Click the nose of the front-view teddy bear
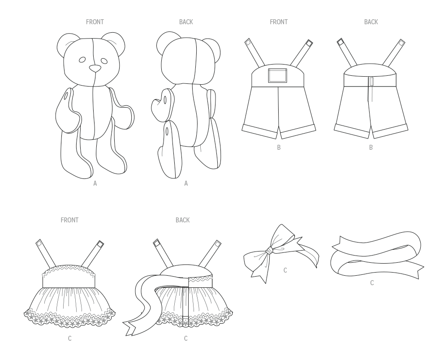point(95,69)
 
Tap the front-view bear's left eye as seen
point(82,60)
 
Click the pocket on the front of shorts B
point(276,75)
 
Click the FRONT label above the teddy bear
point(95,22)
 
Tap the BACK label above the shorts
point(370,22)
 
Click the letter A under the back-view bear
point(186,183)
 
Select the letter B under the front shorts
point(279,147)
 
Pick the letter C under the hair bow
point(285,270)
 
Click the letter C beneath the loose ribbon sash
point(372,283)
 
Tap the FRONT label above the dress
point(69,220)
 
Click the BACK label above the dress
point(182,220)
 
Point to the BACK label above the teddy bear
point(186,22)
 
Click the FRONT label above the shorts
point(279,22)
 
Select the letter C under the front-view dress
point(69,338)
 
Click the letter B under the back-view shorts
point(370,147)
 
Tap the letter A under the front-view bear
point(95,183)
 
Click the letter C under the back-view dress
point(185,338)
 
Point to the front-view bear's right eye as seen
point(104,61)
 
